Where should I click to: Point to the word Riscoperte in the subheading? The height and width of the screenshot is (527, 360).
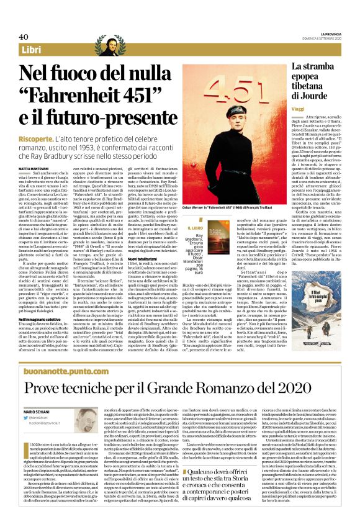tap(32, 138)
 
